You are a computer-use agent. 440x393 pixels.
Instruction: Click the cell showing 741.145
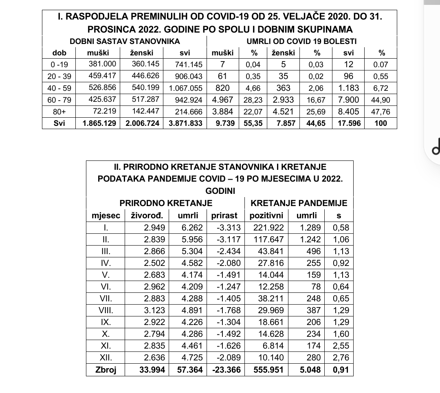[x=188, y=64]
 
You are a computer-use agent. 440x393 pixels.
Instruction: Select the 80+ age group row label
[x=59, y=111]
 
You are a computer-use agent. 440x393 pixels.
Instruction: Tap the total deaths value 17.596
[x=349, y=123]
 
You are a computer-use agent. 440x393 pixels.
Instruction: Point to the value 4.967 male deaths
[x=222, y=99]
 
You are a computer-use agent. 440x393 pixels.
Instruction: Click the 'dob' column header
[x=59, y=53]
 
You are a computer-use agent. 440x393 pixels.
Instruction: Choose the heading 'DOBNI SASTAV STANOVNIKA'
[x=125, y=41]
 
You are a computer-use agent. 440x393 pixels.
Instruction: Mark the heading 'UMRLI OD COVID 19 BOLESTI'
[x=301, y=41]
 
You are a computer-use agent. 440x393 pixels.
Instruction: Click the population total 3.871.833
[x=185, y=123]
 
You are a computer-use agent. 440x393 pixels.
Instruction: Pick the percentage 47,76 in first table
[x=381, y=111]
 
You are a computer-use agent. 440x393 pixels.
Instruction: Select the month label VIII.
[x=106, y=310]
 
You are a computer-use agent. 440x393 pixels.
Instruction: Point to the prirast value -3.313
[x=226, y=228]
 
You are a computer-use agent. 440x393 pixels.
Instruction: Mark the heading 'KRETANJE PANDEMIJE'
[x=299, y=203]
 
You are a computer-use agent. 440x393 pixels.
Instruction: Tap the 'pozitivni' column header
[x=266, y=215]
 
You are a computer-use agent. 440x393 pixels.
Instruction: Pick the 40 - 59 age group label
[x=59, y=88]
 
